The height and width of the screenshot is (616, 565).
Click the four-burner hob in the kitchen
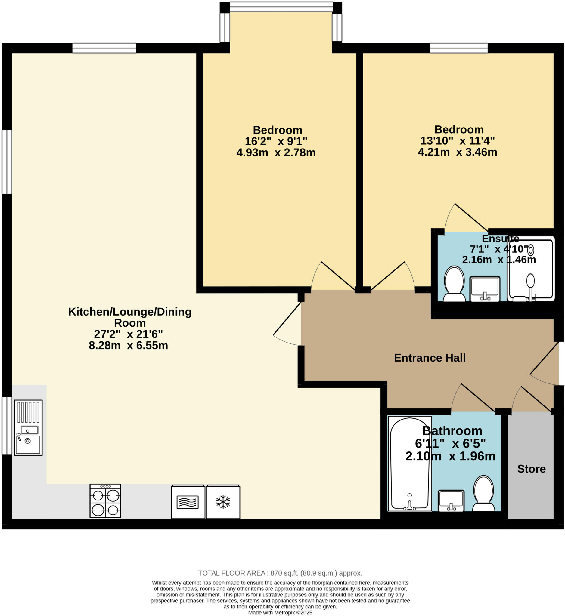coord(105,501)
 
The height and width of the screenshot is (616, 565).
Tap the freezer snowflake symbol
coord(223,502)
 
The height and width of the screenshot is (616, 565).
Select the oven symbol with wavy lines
coord(188,502)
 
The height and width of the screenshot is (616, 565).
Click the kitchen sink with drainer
coord(28,427)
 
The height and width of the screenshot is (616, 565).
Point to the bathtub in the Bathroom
coord(409,464)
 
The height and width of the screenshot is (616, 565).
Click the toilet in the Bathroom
coord(483,493)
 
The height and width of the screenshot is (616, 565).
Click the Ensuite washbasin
coord(485,289)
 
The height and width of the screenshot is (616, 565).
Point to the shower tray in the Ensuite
coord(530,269)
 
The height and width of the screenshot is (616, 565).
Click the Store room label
coord(531,469)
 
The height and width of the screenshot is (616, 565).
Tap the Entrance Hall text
coord(430,358)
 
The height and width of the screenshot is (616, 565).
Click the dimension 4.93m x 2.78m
coord(276,152)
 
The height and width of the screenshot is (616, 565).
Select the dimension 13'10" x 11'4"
coord(457,141)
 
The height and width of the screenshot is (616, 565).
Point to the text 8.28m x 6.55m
coord(129,346)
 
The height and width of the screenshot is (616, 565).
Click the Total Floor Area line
coord(280,573)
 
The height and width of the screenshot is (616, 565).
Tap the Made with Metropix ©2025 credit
coord(280,612)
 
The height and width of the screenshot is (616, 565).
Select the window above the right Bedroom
coord(459,48)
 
